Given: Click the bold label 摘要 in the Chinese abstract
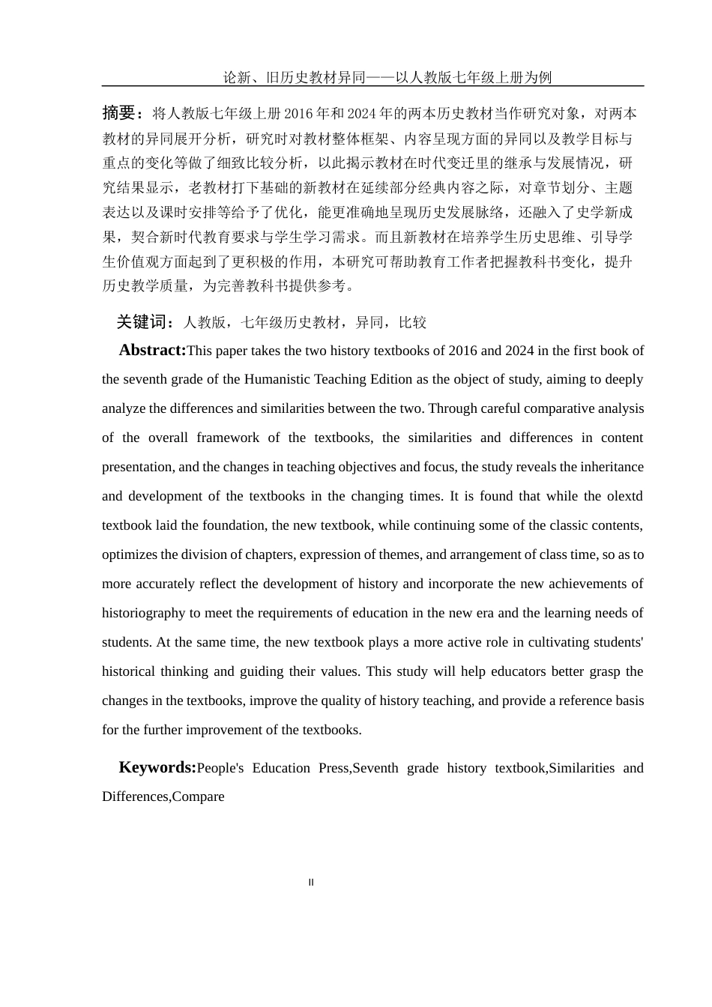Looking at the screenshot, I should tap(118, 113).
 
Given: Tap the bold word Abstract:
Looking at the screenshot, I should tap(152, 350).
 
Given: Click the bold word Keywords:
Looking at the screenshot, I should tap(157, 767).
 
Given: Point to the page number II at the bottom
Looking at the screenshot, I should tap(311, 883).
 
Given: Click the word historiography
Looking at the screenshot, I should tap(144, 613).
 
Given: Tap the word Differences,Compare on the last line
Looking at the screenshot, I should tap(163, 796).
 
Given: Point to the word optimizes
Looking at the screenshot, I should tap(130, 554).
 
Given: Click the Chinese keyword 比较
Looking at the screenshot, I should tap(412, 322).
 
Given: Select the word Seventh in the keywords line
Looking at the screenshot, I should tap(375, 768).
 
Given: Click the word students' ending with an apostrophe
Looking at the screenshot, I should tap(618, 642).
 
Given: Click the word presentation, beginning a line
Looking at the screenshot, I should tap(138, 467).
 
